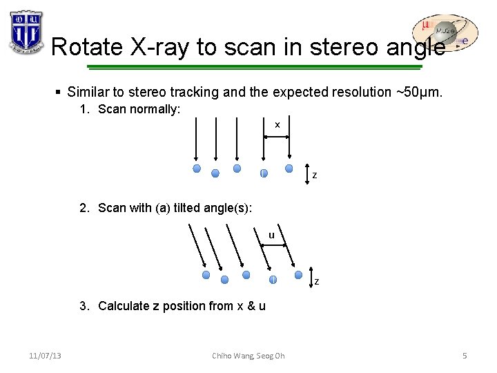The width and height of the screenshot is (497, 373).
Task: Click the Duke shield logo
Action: [26, 32]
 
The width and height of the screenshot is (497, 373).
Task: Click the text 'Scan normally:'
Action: [139, 109]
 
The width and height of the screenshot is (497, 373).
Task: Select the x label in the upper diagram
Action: [277, 125]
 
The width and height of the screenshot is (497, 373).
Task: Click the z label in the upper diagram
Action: [315, 175]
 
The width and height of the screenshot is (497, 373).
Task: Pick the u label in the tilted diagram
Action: [271, 236]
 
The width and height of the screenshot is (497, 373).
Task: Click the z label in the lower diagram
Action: [317, 281]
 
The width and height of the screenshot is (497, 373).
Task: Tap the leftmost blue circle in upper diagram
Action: [197, 169]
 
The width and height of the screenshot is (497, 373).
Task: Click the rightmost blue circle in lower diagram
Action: [298, 274]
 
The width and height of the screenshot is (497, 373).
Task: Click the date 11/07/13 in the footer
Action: [45, 356]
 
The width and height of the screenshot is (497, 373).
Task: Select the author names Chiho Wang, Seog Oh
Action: [248, 356]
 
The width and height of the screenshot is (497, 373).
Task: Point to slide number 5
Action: [465, 356]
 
